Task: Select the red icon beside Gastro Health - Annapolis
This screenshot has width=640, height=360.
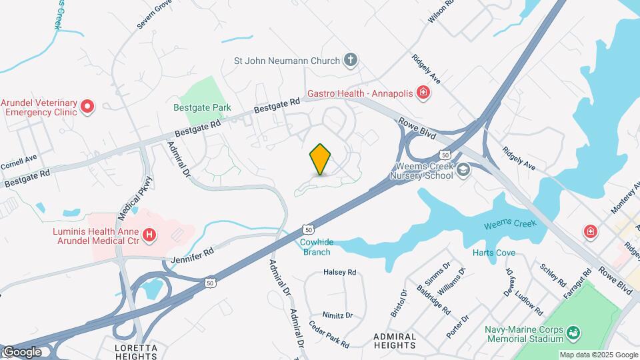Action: (422, 93)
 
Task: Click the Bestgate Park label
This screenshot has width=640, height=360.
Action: (202, 107)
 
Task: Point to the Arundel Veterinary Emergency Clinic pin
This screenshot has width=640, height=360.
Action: (87, 107)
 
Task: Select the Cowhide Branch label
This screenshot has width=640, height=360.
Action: (316, 247)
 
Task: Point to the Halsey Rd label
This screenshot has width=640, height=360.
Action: (340, 272)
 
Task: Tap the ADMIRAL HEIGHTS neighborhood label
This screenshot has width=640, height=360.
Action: (395, 341)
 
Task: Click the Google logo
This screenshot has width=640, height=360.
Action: (22, 352)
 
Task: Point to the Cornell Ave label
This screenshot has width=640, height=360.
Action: (18, 161)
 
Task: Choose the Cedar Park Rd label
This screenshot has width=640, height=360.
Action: (329, 335)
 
